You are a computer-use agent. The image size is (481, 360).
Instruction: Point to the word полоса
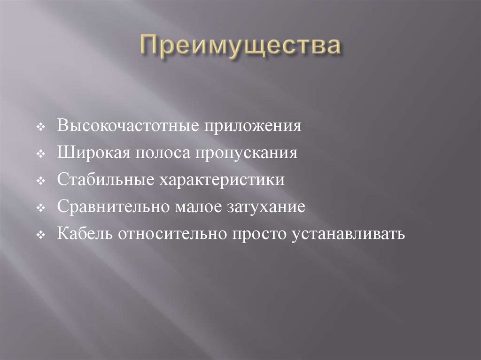click(x=160, y=154)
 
